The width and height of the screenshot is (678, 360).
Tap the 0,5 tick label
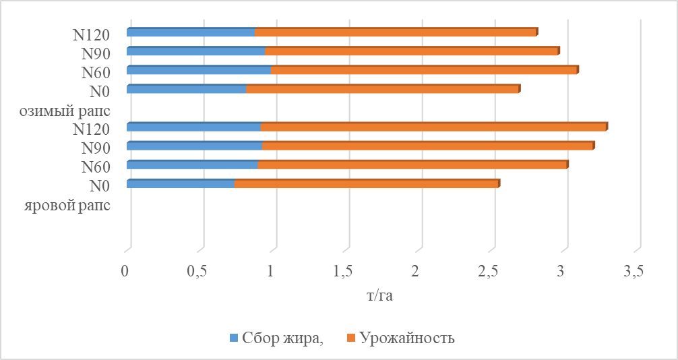pyautogui.click(x=197, y=272)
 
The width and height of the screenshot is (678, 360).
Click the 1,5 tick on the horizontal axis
pyautogui.click(x=344, y=272)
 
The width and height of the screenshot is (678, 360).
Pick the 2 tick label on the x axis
pyautogui.click(x=416, y=272)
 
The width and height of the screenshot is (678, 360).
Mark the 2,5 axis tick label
pyautogui.click(x=489, y=272)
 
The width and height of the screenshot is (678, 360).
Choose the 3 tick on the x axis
pyautogui.click(x=561, y=272)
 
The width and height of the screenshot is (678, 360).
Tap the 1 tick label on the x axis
pyautogui.click(x=270, y=272)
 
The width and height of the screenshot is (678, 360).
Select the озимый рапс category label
pyautogui.click(x=66, y=110)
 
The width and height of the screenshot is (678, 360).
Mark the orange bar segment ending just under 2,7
pyautogui.click(x=381, y=89)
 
